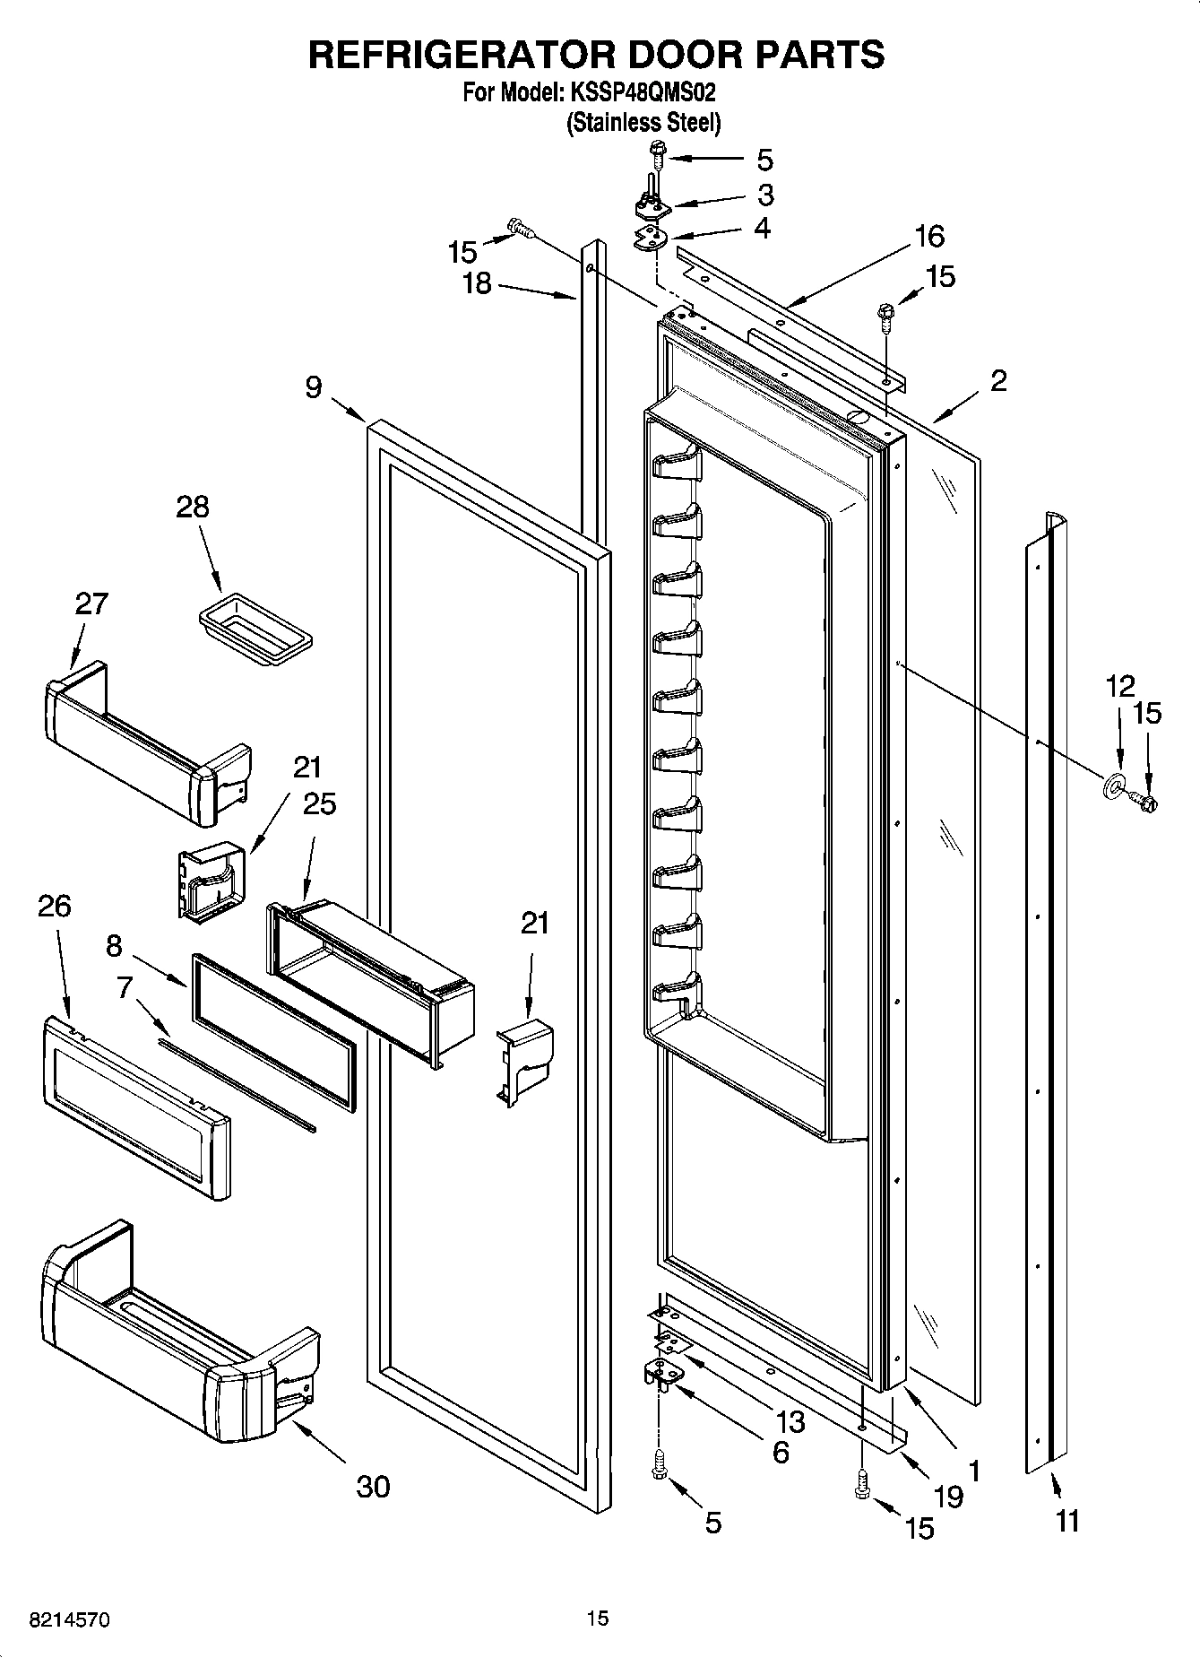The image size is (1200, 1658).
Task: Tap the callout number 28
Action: click(193, 508)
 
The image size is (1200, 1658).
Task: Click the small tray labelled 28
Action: click(255, 631)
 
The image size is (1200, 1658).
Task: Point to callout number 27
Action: click(91, 603)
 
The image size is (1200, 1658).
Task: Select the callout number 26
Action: click(55, 906)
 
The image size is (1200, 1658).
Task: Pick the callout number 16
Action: click(929, 237)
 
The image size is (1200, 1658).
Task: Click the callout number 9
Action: click(313, 387)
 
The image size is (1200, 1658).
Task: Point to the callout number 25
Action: click(319, 803)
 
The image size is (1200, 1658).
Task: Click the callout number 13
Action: click(790, 1422)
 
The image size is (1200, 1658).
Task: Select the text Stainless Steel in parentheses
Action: click(643, 123)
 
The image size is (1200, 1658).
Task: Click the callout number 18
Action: click(477, 283)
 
